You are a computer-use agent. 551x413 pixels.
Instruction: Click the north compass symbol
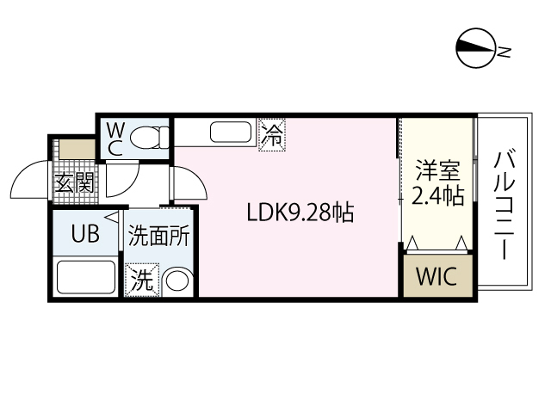[476, 50]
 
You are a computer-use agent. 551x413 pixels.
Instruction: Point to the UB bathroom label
[84, 233]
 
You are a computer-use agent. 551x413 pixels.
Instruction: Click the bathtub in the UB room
[84, 278]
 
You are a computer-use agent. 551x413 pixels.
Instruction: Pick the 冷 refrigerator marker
[272, 135]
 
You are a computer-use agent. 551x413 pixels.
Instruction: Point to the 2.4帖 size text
[437, 196]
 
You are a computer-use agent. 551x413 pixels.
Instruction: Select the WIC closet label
[438, 278]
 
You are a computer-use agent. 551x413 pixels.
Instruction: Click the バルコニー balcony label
[505, 206]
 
